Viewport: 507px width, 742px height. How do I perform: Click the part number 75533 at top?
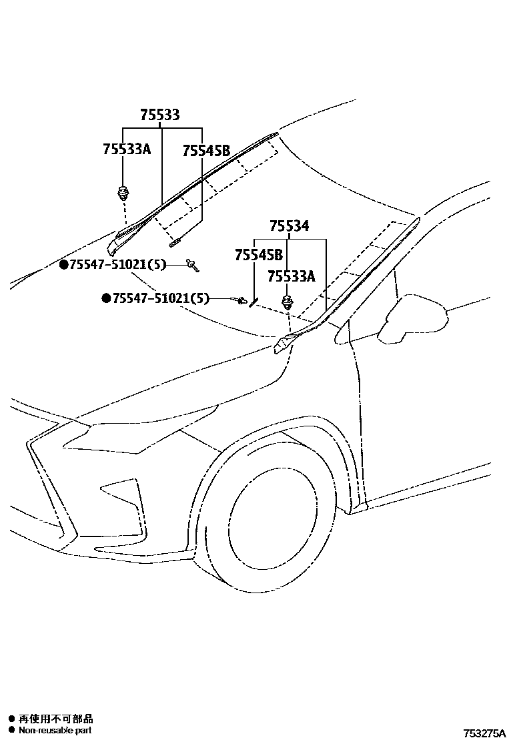159,115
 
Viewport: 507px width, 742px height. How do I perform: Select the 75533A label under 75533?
127,149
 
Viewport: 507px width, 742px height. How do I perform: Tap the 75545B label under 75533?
206,151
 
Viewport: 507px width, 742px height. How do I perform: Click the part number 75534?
290,226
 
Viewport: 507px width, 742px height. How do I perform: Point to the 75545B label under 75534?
258,255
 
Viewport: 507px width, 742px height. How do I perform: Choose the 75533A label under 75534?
292,276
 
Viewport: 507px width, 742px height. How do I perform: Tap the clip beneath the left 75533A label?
123,194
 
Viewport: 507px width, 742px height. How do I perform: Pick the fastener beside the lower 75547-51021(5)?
241,302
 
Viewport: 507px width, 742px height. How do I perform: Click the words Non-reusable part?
55,730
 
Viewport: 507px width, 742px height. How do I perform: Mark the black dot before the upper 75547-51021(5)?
64,265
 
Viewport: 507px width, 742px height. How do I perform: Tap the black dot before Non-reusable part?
11,730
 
